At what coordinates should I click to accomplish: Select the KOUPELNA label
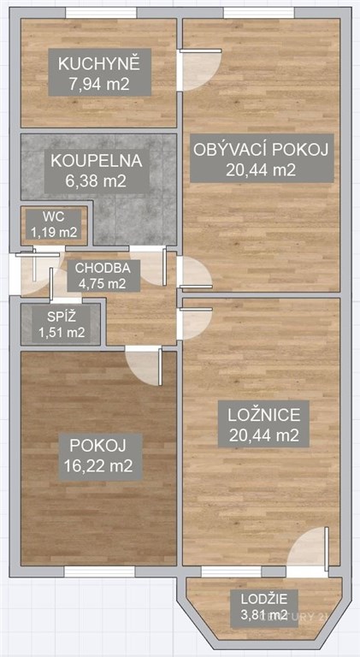(97, 162)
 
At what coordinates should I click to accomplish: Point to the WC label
(55, 217)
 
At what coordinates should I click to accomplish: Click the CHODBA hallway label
(102, 268)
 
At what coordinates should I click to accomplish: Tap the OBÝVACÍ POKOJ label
(260, 150)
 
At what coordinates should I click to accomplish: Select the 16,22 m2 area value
(98, 465)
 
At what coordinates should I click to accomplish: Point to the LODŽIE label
(264, 600)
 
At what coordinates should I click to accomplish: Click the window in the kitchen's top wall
(101, 13)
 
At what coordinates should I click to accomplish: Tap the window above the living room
(259, 13)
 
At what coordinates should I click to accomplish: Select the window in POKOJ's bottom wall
(99, 572)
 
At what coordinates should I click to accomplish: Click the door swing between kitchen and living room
(200, 69)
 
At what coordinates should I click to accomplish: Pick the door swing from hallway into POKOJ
(144, 366)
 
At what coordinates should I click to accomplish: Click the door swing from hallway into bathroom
(149, 266)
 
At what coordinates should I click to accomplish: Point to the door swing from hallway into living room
(195, 272)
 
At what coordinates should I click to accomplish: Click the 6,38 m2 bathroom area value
(96, 181)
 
